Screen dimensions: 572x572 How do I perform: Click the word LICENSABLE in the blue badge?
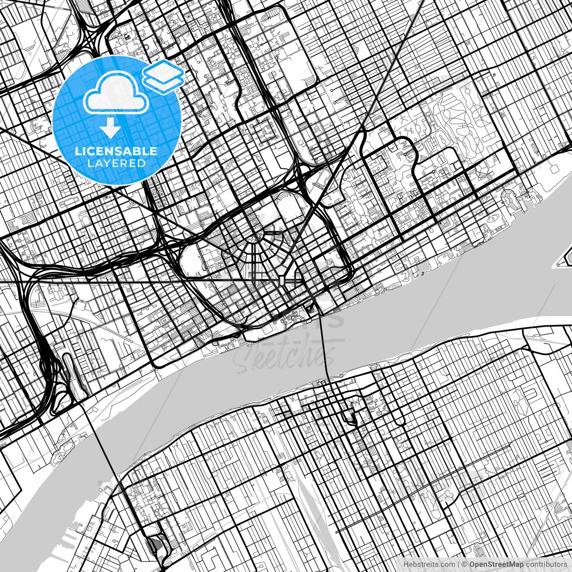coord(116,151)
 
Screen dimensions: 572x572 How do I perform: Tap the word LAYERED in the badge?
coord(116,163)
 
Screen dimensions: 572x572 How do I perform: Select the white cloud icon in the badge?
coord(116,93)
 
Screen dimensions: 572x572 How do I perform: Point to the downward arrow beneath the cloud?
coord(110,129)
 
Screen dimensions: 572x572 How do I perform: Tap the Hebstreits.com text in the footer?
coord(429,564)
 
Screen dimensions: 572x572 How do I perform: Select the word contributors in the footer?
coord(546,564)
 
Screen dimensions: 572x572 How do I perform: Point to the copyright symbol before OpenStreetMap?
coord(464,564)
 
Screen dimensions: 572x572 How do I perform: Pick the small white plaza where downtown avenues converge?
coord(282,281)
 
